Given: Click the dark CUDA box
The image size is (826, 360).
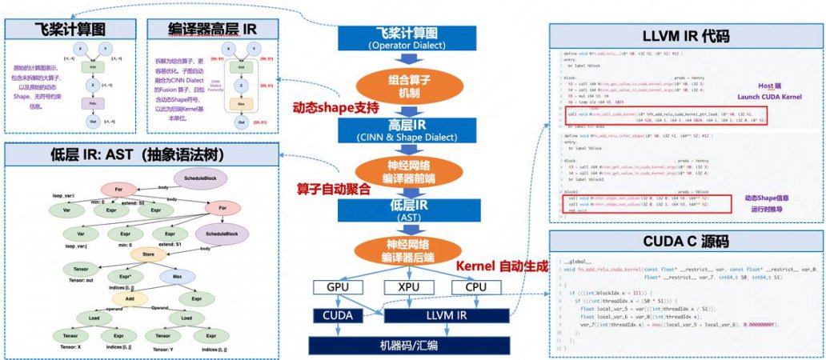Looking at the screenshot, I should pos(337,315).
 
